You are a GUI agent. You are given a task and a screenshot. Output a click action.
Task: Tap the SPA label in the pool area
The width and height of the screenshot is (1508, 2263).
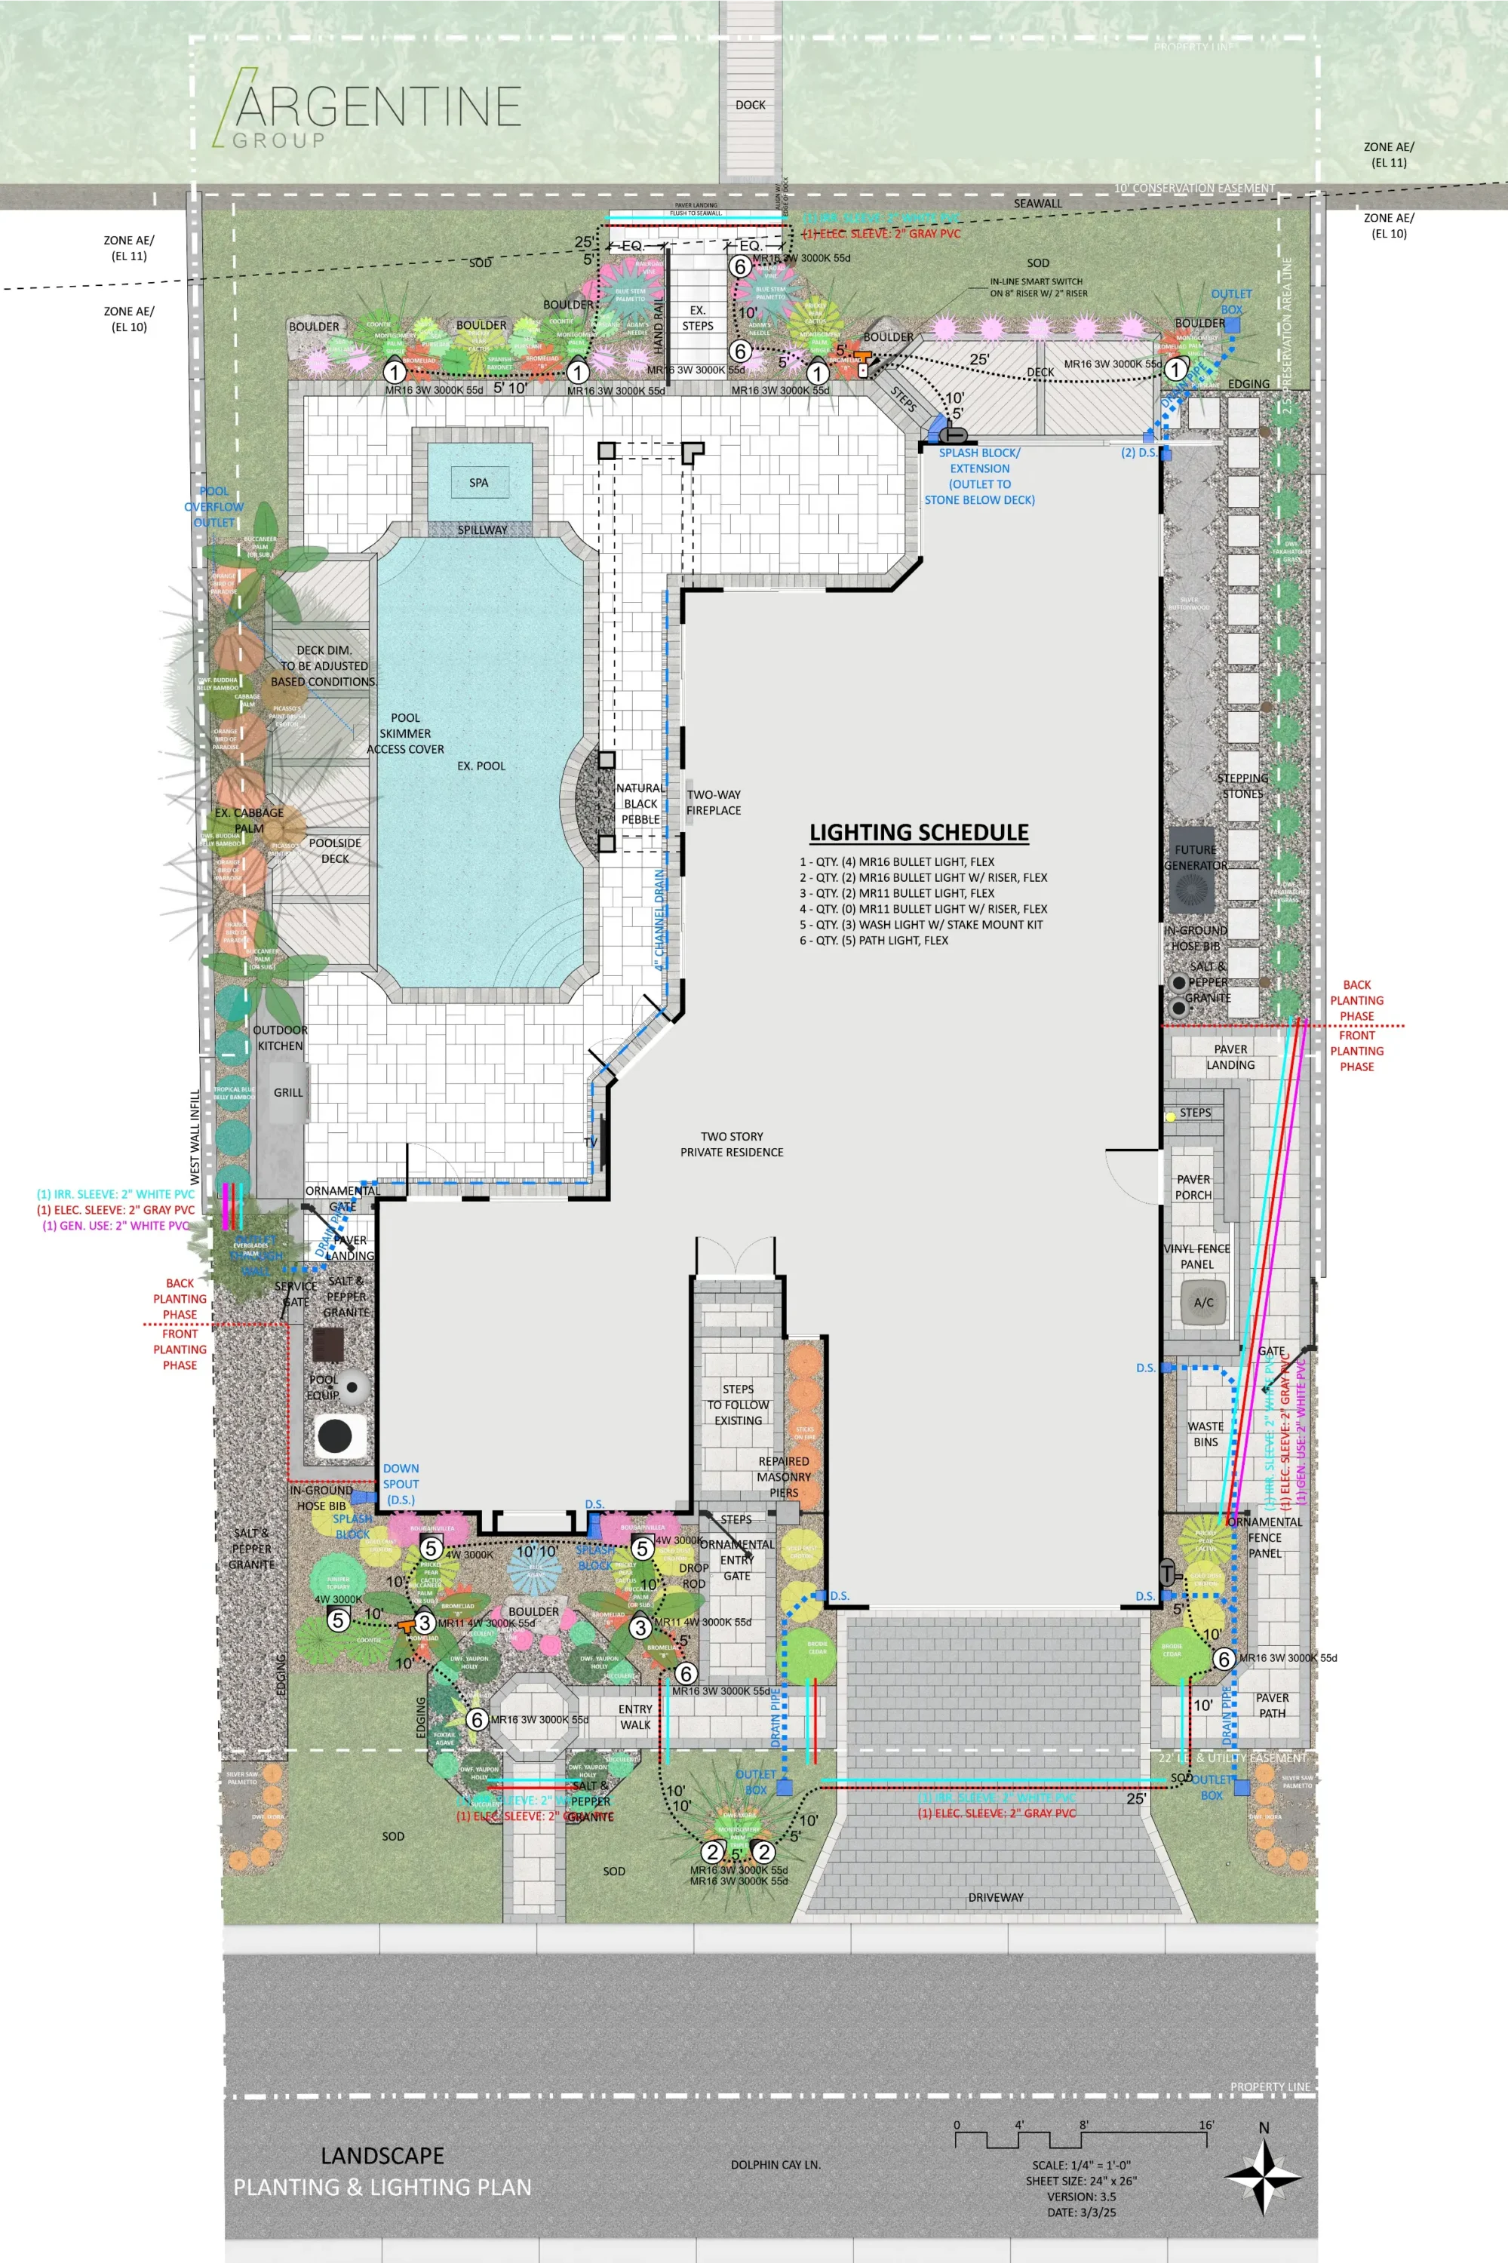tap(478, 483)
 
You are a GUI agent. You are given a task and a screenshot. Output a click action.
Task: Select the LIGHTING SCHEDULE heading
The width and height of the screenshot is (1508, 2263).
tap(919, 833)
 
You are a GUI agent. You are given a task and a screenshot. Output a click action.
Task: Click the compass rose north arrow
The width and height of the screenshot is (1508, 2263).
tap(1263, 2175)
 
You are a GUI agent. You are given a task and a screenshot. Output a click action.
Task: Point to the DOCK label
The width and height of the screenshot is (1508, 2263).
tap(750, 105)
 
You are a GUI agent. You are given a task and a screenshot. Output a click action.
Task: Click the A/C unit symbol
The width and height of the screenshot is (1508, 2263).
tap(1203, 1302)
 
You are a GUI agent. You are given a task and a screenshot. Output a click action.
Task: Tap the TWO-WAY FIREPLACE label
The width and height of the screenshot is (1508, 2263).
tap(714, 802)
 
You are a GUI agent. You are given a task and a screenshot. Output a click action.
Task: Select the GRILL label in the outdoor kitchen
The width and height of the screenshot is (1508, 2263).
tap(287, 1092)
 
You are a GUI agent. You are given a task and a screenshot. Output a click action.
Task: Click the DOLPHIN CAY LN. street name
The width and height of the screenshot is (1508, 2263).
tap(775, 2165)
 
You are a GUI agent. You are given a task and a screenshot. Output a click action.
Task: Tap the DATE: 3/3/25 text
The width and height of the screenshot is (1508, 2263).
tap(1080, 2212)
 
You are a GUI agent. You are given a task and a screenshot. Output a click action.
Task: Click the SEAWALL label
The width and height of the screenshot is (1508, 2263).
tap(1038, 204)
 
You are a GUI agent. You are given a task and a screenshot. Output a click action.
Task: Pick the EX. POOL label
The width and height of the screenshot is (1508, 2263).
tap(481, 766)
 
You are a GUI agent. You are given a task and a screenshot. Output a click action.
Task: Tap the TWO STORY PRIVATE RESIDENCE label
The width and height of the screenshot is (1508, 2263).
tap(731, 1144)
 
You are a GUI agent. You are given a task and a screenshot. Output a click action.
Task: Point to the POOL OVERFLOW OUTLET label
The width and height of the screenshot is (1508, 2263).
tap(213, 507)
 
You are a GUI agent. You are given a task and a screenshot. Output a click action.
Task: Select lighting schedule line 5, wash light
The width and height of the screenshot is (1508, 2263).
tap(921, 924)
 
